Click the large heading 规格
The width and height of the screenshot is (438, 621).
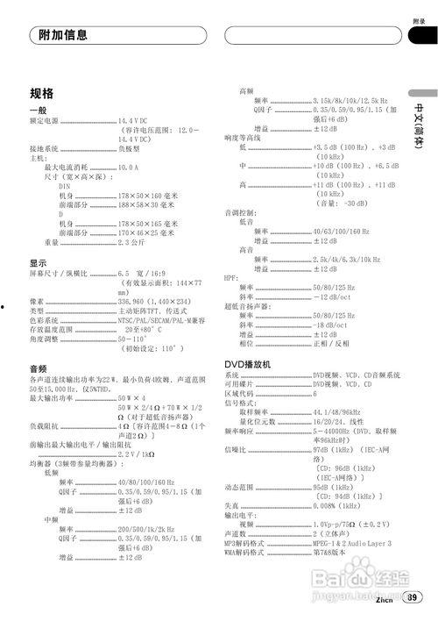pos(42,93)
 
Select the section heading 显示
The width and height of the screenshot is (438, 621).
pos(38,262)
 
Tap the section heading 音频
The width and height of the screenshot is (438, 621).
pos(38,368)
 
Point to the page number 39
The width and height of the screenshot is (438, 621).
pos(412,599)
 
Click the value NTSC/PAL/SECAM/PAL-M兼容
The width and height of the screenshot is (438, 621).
pos(162,319)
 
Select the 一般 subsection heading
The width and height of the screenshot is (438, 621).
pos(38,110)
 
